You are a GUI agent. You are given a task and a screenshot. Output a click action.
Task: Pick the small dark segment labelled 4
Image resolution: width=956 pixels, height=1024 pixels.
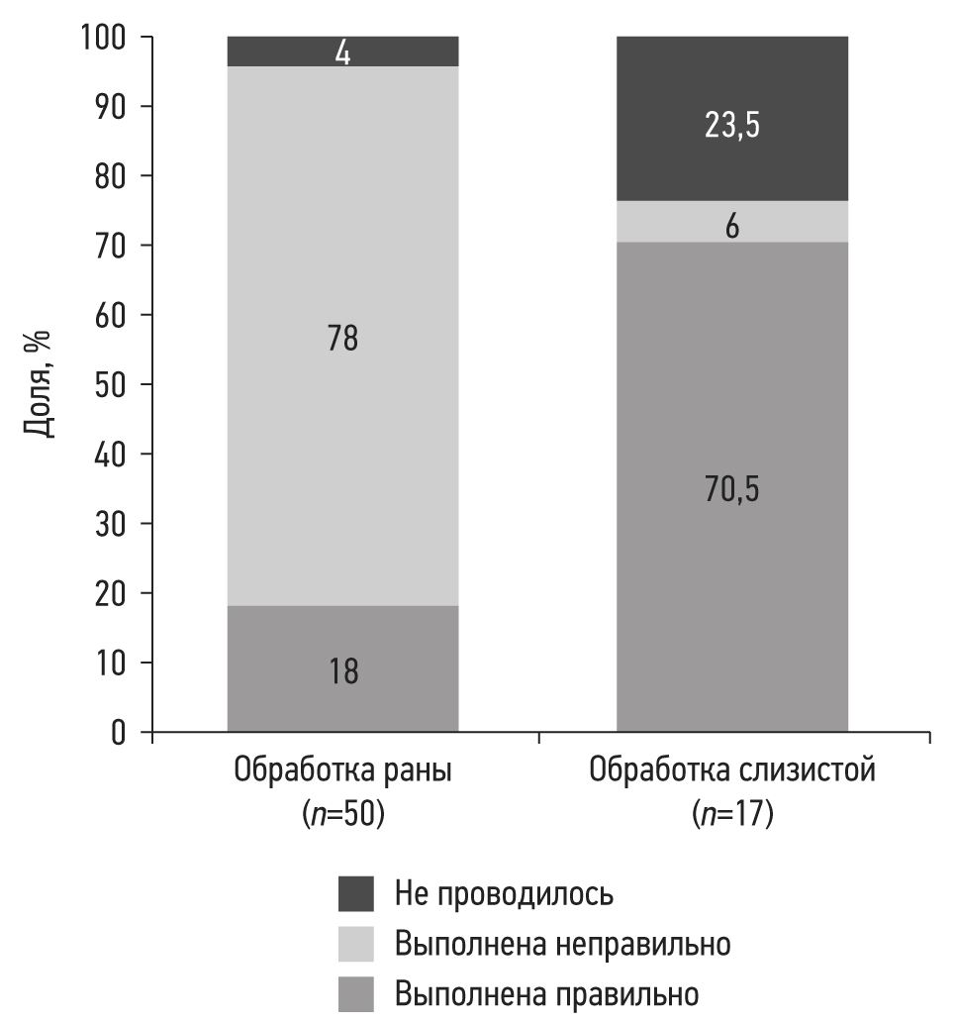[342, 51]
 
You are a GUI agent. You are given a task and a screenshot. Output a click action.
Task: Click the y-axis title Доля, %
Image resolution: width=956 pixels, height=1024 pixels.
[37, 384]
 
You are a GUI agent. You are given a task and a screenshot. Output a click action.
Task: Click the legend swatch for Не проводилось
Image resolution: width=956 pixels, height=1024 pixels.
[356, 893]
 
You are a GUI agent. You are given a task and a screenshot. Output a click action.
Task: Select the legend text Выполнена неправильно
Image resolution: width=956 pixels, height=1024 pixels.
[562, 944]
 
